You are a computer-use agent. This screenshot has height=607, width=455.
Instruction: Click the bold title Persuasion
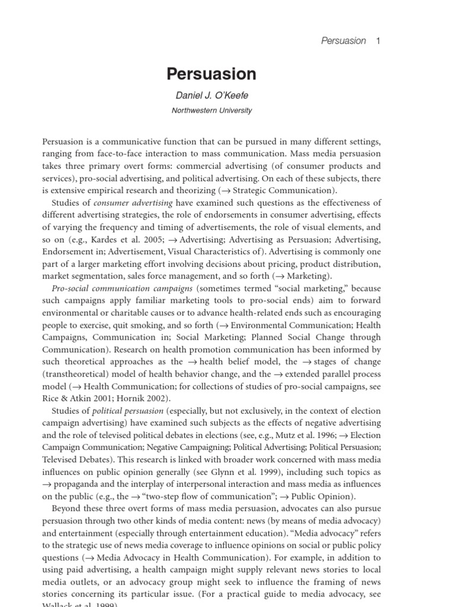211,74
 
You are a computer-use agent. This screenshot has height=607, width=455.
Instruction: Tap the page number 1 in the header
377,41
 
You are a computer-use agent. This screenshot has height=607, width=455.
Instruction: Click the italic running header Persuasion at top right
343,41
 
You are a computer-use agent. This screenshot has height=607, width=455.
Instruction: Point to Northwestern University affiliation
212,110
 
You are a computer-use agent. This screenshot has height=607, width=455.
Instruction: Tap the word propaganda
78,484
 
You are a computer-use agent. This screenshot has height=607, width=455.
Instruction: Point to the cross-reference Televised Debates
76,460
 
